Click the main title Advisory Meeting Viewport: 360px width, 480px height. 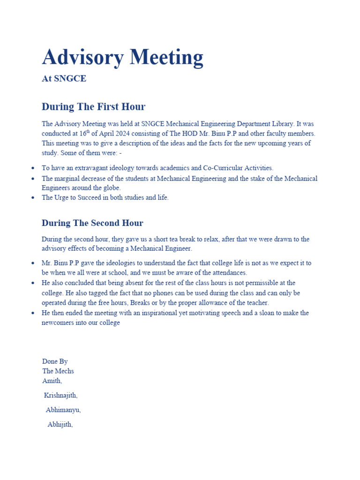[x=122, y=58]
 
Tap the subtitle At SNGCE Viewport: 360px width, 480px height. [x=64, y=79]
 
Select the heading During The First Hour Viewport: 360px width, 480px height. [x=93, y=106]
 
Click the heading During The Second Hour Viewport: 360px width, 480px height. [x=92, y=223]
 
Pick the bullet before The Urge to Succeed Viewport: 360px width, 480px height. [x=32, y=198]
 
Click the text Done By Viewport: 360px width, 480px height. [x=55, y=361]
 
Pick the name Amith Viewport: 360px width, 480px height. [x=52, y=381]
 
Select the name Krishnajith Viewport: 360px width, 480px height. [x=61, y=396]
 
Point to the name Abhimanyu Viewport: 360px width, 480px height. [x=63, y=410]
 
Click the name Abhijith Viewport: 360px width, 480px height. [x=60, y=425]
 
